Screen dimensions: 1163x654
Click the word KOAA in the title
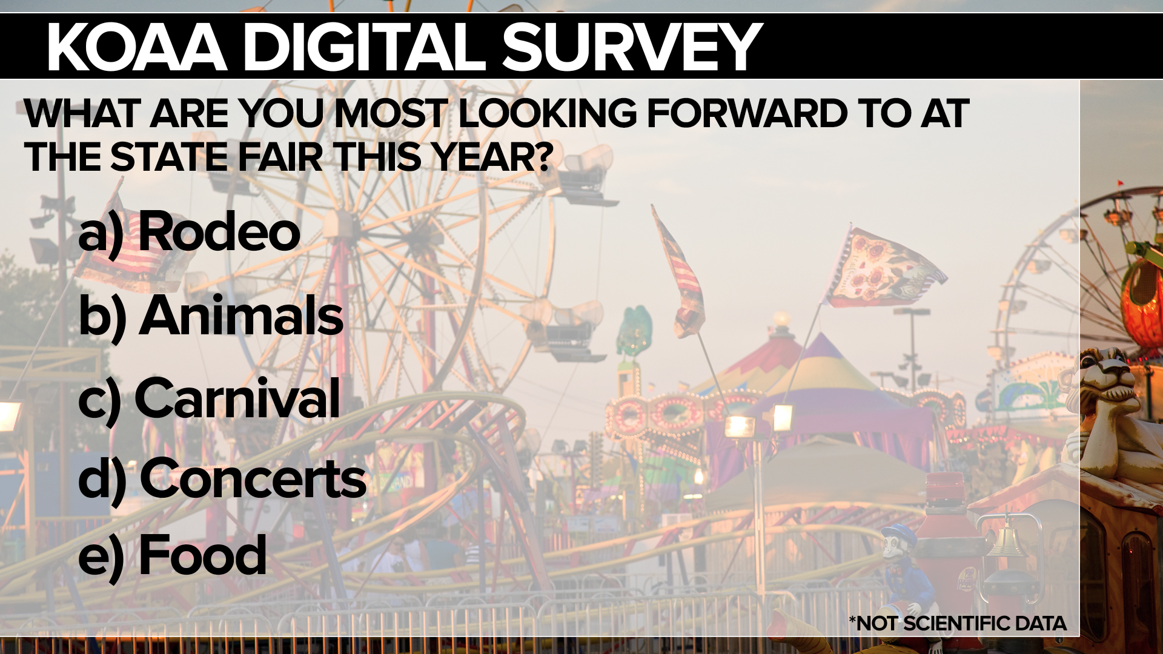pos(137,47)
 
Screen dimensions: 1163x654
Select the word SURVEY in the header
pos(631,47)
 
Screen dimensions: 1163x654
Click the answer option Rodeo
pos(219,231)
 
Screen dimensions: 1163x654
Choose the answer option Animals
pos(241,315)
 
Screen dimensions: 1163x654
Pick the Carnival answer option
pos(237,398)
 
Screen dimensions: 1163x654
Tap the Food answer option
pos(202,554)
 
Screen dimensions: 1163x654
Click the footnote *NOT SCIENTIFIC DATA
pos(958,623)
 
